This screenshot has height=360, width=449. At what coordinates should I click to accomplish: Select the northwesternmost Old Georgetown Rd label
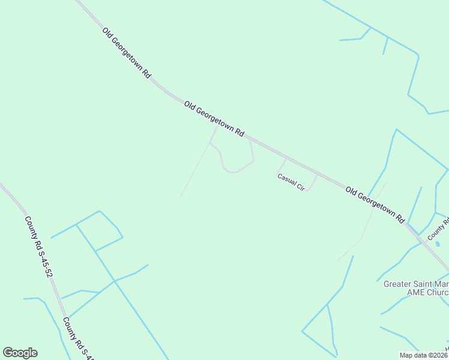126,53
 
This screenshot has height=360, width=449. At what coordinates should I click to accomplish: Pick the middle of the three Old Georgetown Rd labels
214,119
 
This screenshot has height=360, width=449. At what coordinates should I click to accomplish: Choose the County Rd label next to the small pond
439,229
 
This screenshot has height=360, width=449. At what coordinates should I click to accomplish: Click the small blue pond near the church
438,244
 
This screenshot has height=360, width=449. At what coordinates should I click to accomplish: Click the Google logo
20,353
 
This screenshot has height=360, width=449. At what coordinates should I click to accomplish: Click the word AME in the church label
417,292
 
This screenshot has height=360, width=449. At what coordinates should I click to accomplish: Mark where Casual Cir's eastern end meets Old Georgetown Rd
317,175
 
